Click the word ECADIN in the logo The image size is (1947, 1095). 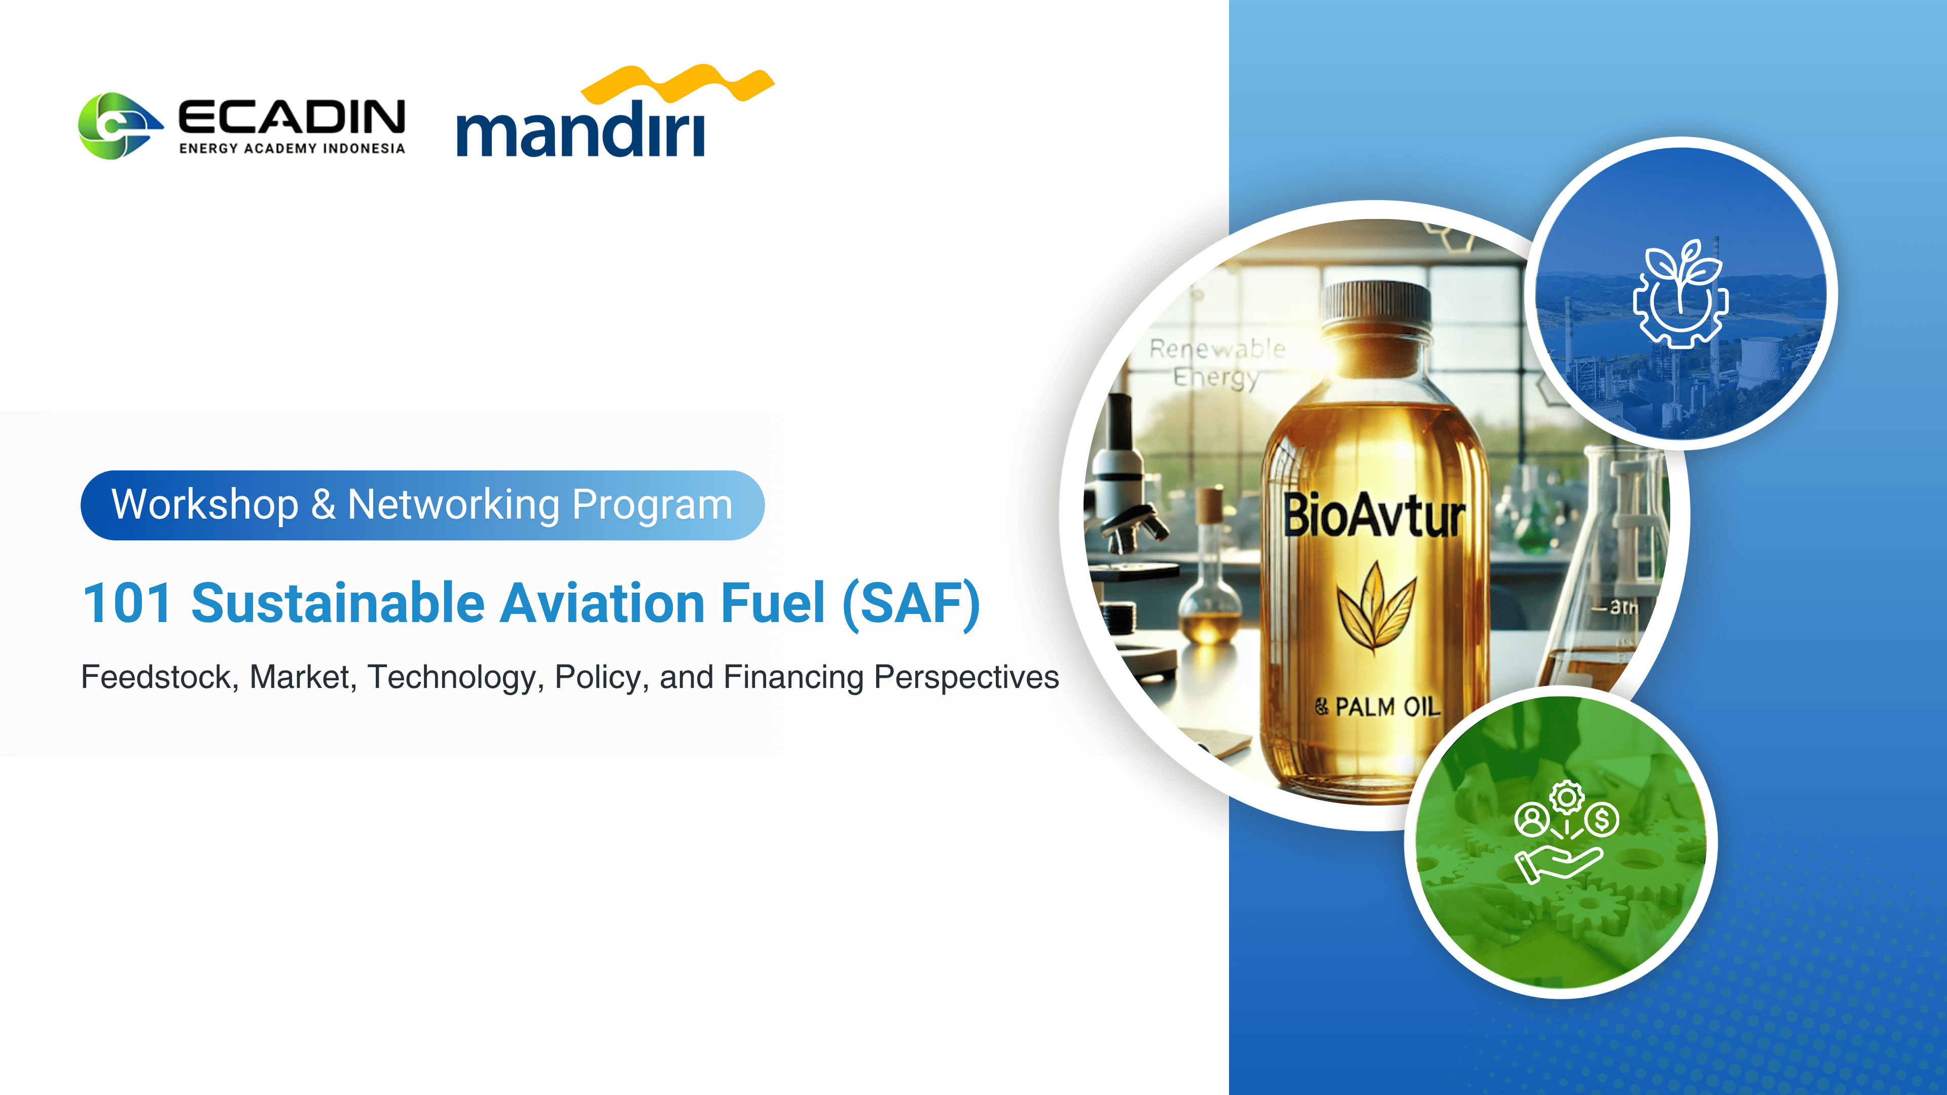pyautogui.click(x=292, y=117)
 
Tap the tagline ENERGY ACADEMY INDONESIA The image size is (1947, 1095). pyautogui.click(x=292, y=148)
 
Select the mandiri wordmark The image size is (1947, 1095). pyautogui.click(x=581, y=129)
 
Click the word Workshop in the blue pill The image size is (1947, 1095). pyautogui.click(x=205, y=505)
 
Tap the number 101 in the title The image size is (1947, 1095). pyautogui.click(x=127, y=603)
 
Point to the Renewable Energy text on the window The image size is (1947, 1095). pyautogui.click(x=1217, y=363)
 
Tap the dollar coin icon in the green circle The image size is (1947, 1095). pyautogui.click(x=1602, y=819)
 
